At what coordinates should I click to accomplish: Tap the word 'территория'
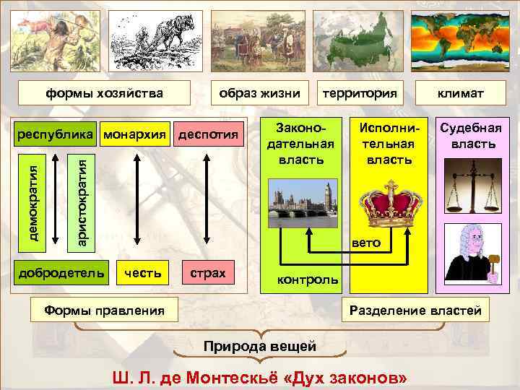pyautogui.click(x=360, y=92)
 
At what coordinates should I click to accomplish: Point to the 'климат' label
pyautogui.click(x=460, y=92)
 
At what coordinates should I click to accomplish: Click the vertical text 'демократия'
pyautogui.click(x=33, y=199)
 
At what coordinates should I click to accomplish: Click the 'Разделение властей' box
pyautogui.click(x=415, y=311)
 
